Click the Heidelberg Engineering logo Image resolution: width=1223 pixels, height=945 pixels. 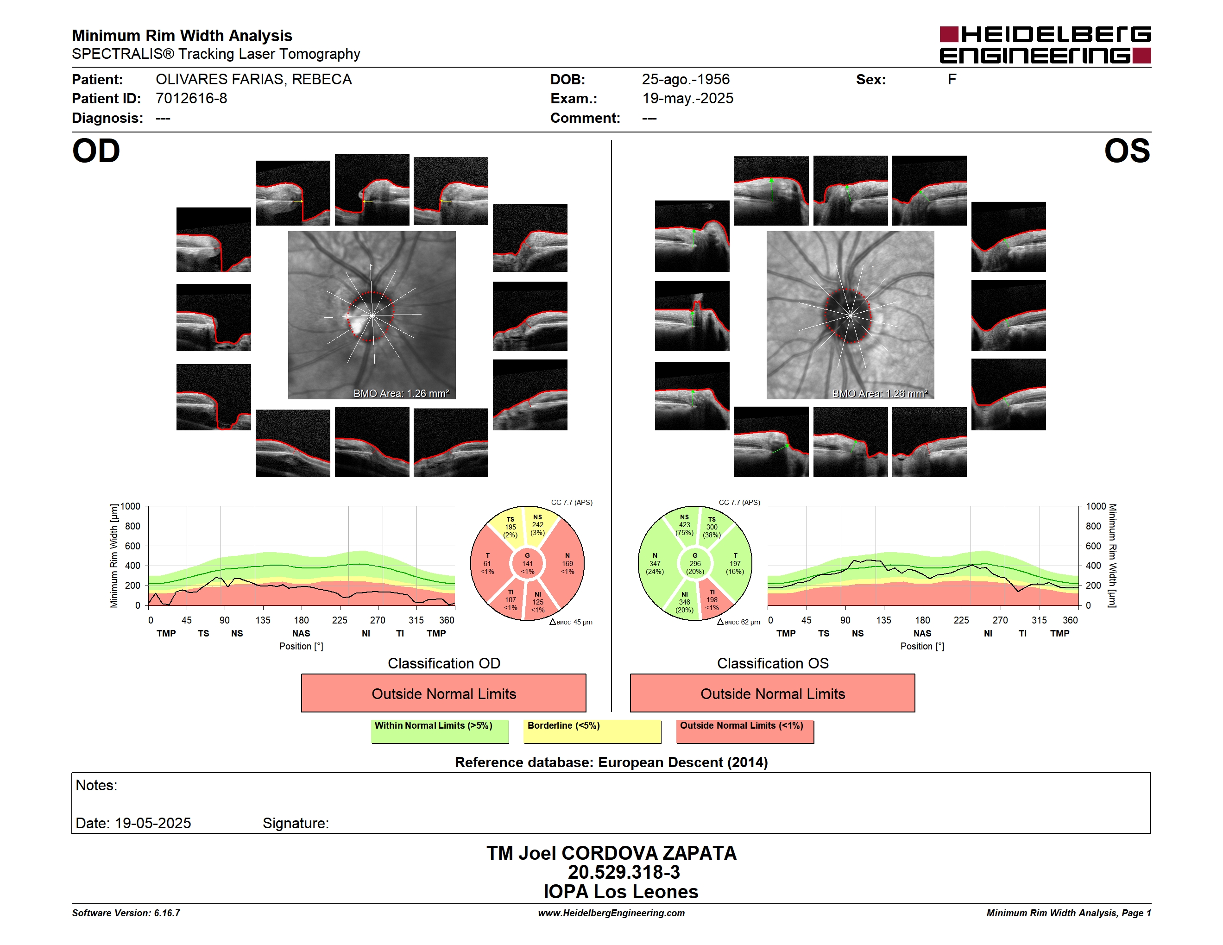[1045, 45]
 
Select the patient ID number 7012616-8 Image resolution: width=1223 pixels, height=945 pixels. [191, 99]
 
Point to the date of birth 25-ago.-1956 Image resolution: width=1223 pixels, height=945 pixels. [686, 80]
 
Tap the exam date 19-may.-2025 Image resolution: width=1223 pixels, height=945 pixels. [687, 99]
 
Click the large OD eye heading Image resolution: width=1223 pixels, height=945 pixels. [96, 151]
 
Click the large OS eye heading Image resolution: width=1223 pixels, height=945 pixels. [1127, 151]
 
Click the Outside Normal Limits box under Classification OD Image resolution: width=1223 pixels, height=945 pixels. [443, 693]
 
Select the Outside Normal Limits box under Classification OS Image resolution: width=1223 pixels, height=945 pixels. [772, 693]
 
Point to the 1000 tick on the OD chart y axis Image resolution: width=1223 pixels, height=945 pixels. [130, 506]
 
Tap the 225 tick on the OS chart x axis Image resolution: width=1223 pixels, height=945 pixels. [961, 620]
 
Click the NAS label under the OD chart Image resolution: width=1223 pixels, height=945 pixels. [301, 633]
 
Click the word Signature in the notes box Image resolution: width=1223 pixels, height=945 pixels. [296, 823]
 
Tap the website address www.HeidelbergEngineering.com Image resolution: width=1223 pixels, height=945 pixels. [611, 913]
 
